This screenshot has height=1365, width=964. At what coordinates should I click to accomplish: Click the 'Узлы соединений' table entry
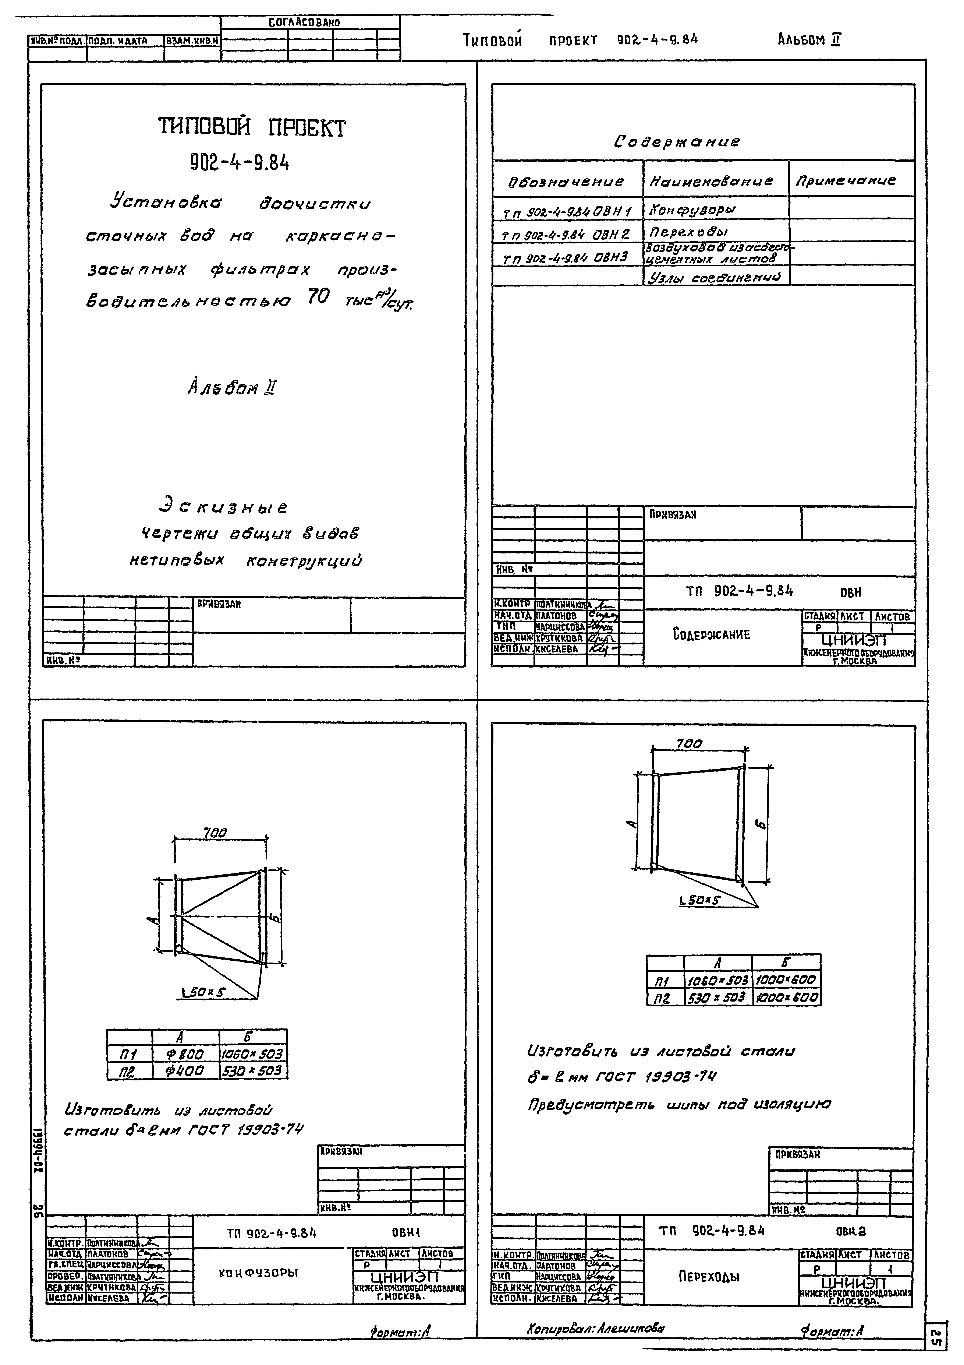pos(714,277)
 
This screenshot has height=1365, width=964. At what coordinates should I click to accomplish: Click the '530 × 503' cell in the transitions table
pos(717,997)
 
